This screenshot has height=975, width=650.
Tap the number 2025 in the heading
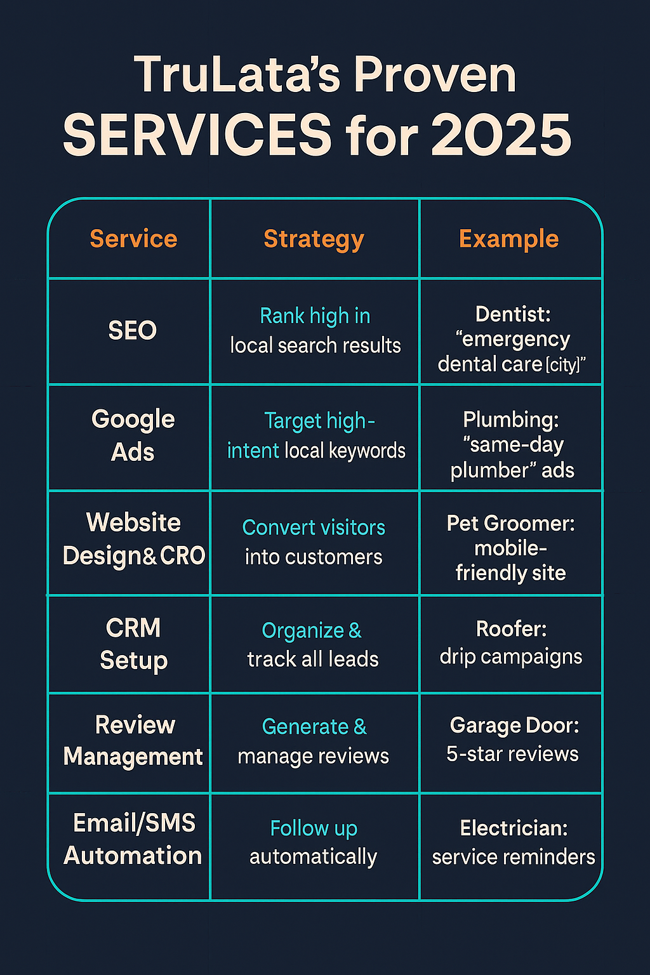(x=501, y=135)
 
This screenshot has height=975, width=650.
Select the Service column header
(x=133, y=239)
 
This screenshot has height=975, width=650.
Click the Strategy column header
(x=314, y=239)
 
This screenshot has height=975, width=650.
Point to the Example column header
(x=508, y=239)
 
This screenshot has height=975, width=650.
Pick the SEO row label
(x=132, y=331)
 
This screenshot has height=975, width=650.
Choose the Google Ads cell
(x=133, y=435)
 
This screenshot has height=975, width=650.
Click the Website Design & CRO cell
(x=133, y=539)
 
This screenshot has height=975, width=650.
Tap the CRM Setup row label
(x=133, y=644)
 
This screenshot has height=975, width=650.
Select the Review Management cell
(x=133, y=741)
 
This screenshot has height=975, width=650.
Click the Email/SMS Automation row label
(x=133, y=839)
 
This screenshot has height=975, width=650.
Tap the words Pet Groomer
(x=510, y=524)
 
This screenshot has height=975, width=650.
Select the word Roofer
(x=510, y=629)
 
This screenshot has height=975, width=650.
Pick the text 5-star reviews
(x=512, y=754)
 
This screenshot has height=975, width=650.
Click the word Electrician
(x=513, y=828)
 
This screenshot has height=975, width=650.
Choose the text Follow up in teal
(x=314, y=828)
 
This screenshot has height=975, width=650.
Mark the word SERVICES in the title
(x=197, y=135)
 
